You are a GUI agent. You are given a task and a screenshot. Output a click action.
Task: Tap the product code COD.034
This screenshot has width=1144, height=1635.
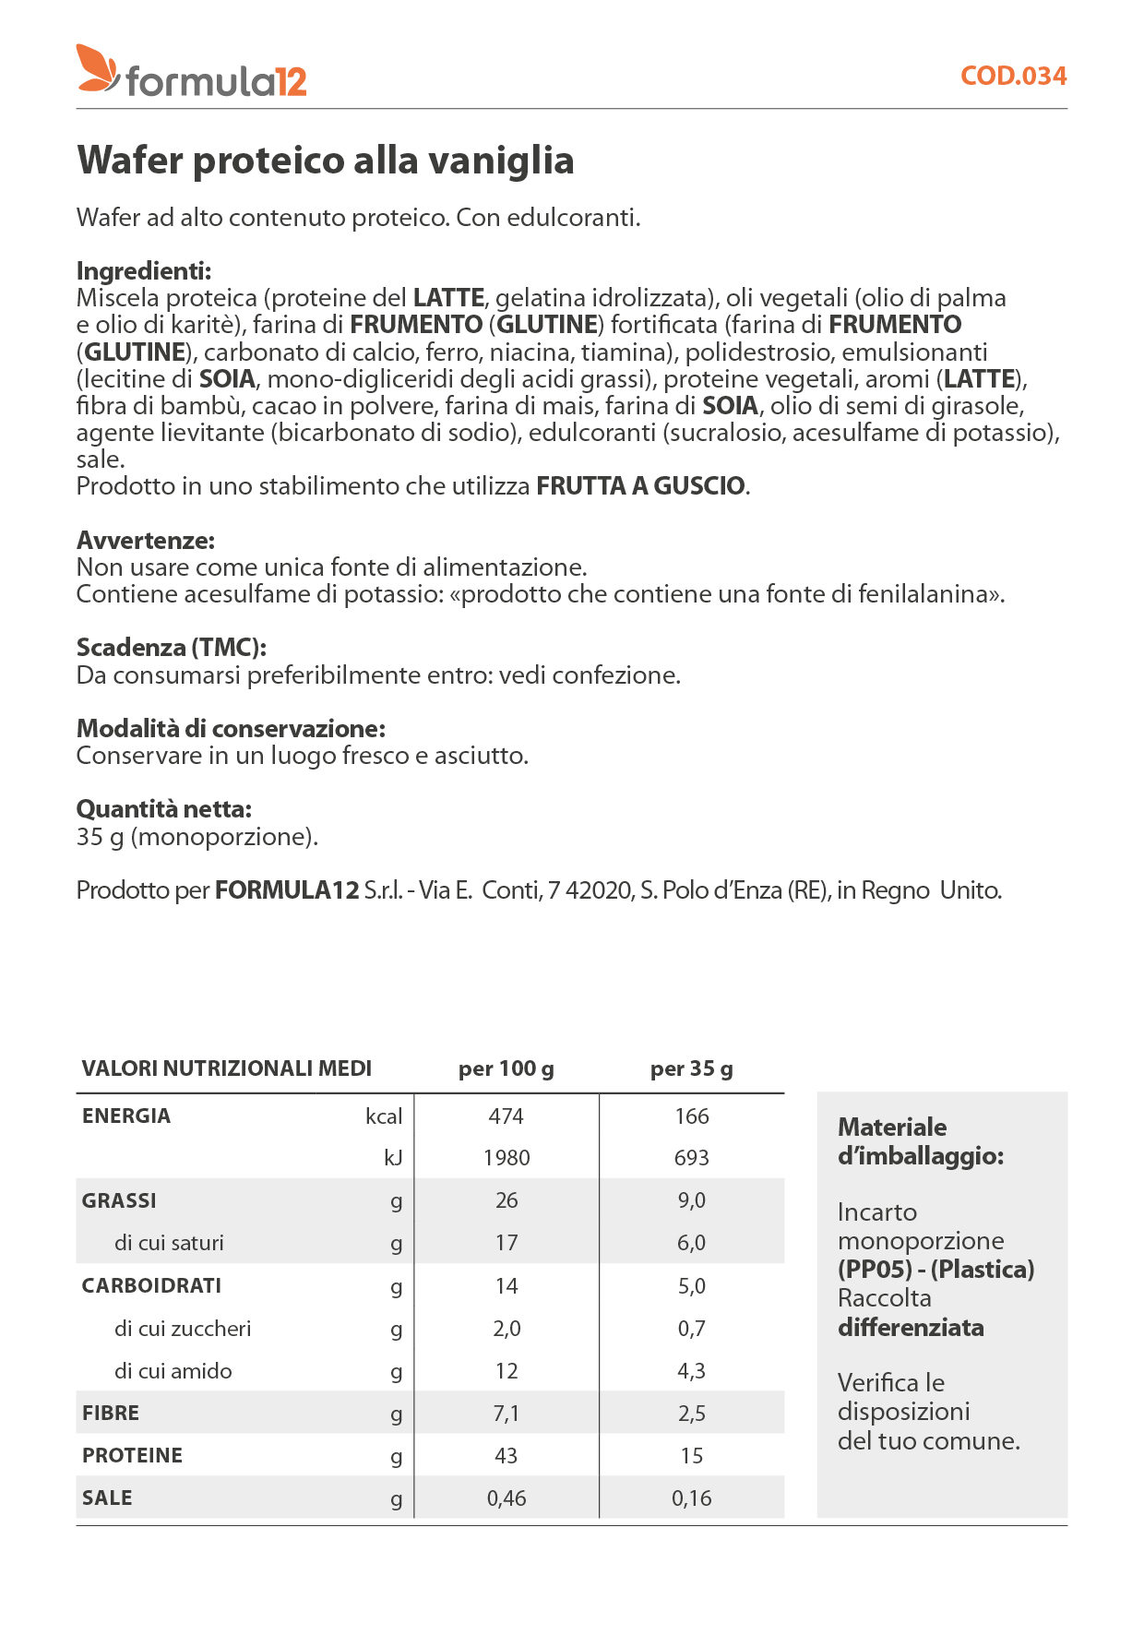tap(1013, 76)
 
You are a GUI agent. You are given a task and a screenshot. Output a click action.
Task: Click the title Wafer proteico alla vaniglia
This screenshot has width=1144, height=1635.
tap(325, 161)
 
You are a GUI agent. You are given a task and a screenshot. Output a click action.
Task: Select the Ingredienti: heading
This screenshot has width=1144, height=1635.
tap(144, 271)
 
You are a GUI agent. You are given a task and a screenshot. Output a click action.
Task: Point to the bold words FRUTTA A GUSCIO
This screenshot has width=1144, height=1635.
tap(640, 486)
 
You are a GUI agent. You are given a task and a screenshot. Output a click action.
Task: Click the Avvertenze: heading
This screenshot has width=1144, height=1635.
tap(146, 541)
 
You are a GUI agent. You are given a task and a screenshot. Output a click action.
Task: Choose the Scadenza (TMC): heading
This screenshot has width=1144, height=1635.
tap(172, 648)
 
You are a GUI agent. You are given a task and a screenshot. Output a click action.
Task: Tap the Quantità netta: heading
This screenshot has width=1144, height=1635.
tap(164, 809)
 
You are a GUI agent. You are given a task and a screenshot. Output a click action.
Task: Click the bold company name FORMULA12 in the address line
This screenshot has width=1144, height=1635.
tap(287, 890)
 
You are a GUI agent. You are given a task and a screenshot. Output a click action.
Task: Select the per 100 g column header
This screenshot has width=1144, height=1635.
tap(506, 1069)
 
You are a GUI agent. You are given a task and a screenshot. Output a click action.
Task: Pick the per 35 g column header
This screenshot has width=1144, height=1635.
tap(692, 1069)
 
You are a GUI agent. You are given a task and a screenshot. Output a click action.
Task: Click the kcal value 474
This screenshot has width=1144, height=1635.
tap(506, 1116)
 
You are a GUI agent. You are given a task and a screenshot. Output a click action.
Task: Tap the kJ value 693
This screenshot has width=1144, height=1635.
tap(692, 1158)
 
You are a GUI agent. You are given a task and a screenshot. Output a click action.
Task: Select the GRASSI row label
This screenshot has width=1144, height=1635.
tap(119, 1201)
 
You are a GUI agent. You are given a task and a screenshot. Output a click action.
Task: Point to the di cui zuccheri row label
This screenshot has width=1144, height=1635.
tap(183, 1329)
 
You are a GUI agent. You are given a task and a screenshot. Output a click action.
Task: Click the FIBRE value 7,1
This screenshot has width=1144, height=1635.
tap(506, 1414)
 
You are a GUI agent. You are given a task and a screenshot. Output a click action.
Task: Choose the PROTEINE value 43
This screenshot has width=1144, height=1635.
tap(506, 1456)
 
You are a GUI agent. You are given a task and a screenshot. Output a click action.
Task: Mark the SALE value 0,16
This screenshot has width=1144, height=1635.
tap(692, 1498)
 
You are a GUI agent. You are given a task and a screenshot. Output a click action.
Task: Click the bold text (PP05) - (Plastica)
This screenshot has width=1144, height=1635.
tap(935, 1270)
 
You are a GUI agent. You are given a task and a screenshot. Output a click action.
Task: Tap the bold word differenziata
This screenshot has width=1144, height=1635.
tap(911, 1328)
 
